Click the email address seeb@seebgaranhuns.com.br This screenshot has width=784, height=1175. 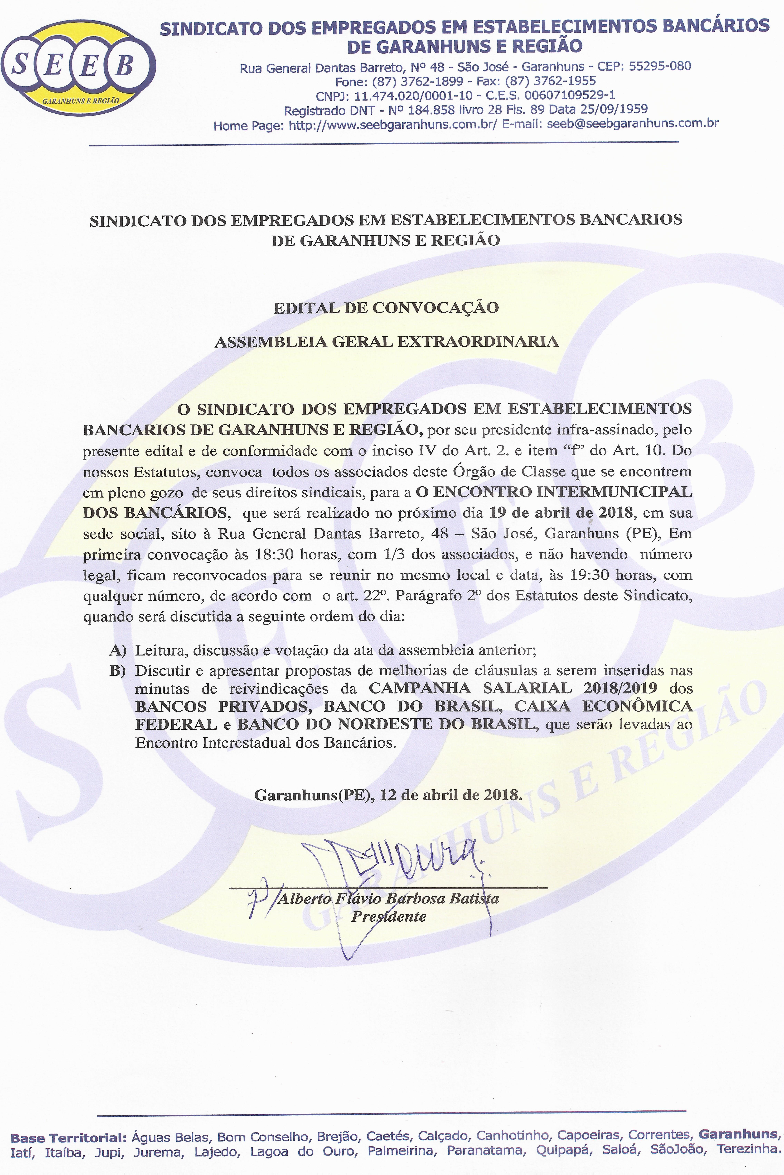(632, 123)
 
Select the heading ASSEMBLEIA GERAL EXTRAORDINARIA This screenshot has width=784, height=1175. (386, 342)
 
